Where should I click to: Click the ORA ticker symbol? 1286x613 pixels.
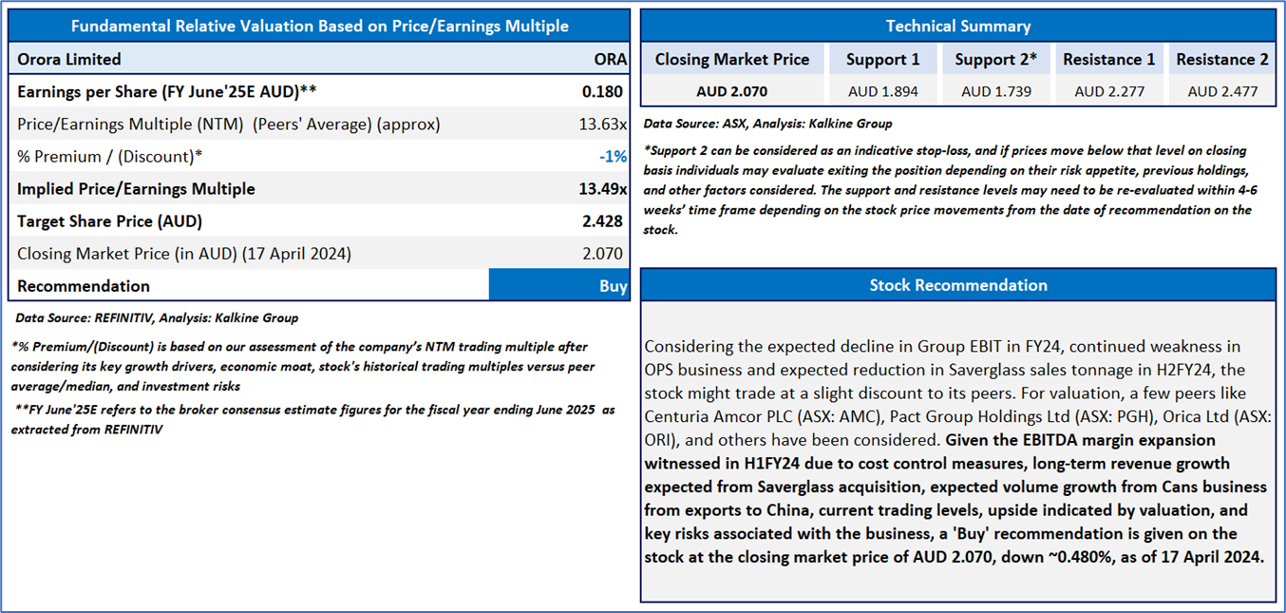coord(611,59)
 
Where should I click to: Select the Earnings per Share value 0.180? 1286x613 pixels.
coord(602,91)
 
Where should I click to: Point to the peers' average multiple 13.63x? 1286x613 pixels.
coord(603,125)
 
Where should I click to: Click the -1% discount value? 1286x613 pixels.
coord(614,156)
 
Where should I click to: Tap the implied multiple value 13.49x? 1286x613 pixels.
coord(603,188)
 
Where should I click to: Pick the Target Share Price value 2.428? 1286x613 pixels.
coord(602,221)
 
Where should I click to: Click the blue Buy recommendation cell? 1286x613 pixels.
coord(559,285)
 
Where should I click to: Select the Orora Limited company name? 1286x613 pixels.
coord(69,59)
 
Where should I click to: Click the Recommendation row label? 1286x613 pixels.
coord(84,286)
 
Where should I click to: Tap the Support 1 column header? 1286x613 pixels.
coord(883,59)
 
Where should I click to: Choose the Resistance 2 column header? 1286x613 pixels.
coord(1222,59)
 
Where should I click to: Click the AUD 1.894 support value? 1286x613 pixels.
coord(883,91)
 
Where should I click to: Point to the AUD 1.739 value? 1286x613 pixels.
coord(996,91)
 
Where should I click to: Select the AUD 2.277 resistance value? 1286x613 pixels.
coord(1109,91)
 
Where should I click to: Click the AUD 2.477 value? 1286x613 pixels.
coord(1222,91)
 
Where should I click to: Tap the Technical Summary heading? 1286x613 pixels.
coord(958,26)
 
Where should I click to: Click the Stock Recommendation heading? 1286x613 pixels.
coord(958,285)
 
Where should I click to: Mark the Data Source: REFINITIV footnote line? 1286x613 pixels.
coord(157,317)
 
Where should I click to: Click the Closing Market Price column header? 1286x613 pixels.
coord(732,59)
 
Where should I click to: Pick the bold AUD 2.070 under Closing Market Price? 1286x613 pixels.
coord(732,91)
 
